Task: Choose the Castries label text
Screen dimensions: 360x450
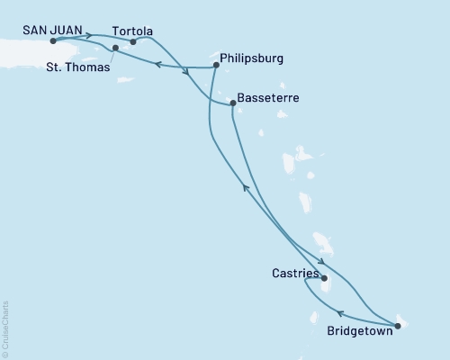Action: (x=293, y=270)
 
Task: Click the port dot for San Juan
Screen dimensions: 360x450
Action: (x=53, y=41)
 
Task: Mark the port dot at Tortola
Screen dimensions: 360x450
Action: (x=133, y=41)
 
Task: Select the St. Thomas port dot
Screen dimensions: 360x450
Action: (x=115, y=48)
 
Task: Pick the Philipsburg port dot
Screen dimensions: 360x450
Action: (x=215, y=65)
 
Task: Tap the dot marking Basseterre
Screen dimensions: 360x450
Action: (x=233, y=103)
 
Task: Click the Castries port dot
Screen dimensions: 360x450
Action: (x=324, y=279)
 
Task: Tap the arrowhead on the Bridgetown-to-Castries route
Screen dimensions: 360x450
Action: (x=340, y=313)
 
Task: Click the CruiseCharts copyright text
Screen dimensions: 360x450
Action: (x=5, y=329)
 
